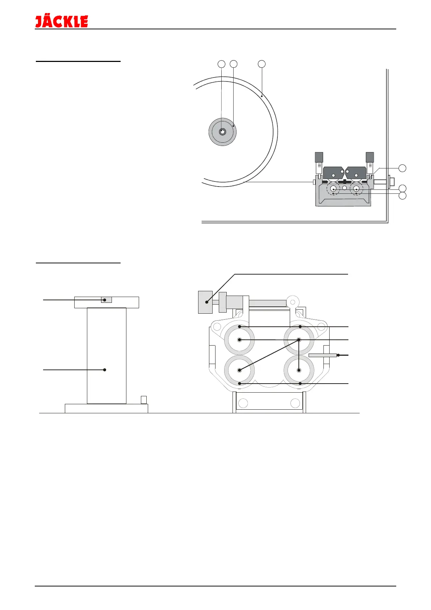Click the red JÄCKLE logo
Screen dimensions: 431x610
point(62,21)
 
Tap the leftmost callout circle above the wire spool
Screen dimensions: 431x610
point(221,64)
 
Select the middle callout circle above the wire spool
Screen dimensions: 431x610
point(234,64)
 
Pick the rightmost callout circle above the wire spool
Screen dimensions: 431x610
point(261,64)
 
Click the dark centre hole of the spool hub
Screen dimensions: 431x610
point(222,132)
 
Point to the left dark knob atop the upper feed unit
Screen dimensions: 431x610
point(319,157)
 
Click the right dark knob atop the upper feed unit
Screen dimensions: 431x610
point(370,157)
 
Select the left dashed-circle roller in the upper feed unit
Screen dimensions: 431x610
point(333,189)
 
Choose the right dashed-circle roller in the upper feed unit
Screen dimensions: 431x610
point(356,189)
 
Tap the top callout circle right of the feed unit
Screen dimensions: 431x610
point(402,168)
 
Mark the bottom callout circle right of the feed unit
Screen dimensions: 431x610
point(402,196)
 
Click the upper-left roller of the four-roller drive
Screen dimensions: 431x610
point(239,340)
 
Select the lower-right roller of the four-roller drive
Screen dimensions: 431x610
point(299,370)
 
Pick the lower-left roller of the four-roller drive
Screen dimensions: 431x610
point(239,370)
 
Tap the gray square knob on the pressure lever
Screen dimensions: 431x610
point(205,302)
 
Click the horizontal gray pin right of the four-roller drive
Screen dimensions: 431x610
point(322,355)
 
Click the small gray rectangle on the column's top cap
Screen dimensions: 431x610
point(106,300)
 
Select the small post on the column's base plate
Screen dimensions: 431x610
point(143,400)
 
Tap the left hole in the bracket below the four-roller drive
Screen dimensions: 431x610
point(243,403)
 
